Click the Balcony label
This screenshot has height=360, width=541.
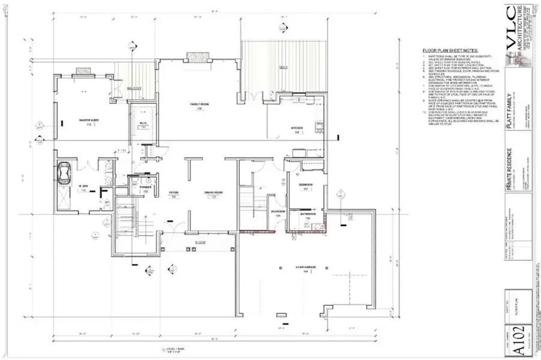[x=133, y=88]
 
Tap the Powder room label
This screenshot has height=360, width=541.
[x=145, y=188]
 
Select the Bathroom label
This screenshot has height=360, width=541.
[x=305, y=215]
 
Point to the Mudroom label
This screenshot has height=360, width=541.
[x=278, y=212]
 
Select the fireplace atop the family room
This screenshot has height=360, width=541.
[x=197, y=57]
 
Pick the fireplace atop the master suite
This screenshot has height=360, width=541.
[x=82, y=72]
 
